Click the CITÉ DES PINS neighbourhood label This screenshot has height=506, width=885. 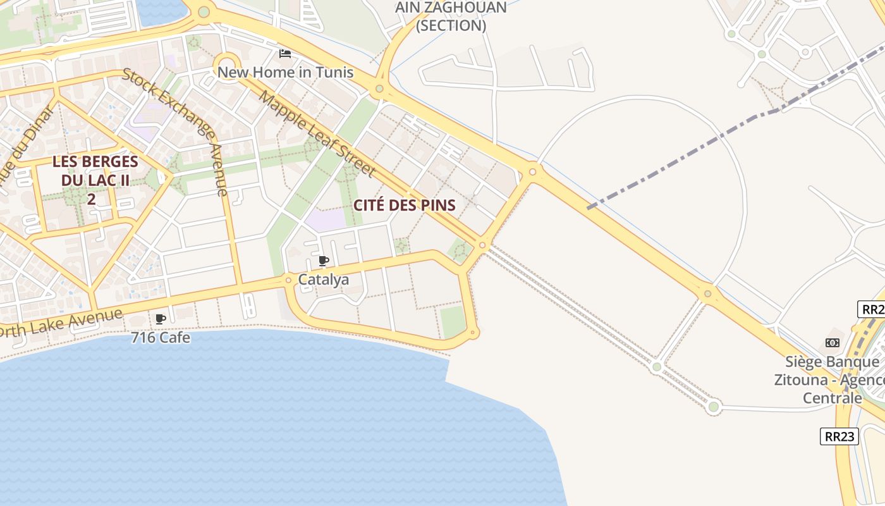coord(405,205)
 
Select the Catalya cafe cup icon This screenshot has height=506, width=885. coord(324,261)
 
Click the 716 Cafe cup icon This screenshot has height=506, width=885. coord(160,319)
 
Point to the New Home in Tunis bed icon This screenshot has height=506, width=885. coord(285,54)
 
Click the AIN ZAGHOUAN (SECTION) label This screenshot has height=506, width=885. coord(451,16)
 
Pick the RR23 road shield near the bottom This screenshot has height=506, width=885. coord(839,436)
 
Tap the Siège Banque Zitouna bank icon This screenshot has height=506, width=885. coord(833,343)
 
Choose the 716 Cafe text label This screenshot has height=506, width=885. coord(161,338)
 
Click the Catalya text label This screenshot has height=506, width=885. coord(323,279)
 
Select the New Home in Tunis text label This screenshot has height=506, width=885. coord(285,72)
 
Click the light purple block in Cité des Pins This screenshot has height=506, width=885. coord(326,219)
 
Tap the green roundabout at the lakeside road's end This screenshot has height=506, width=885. coord(714,407)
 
